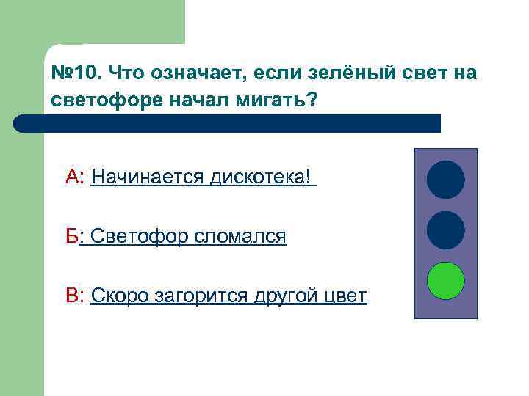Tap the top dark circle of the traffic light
(x=446, y=180)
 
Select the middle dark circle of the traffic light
(x=446, y=230)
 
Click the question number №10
(x=76, y=73)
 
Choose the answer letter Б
(x=71, y=236)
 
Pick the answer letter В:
(x=76, y=296)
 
